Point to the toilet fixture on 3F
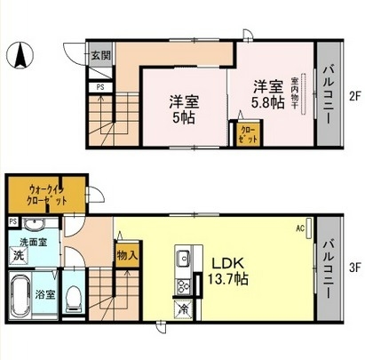[76, 299]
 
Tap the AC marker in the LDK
[300, 228]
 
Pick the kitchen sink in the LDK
[182, 260]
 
